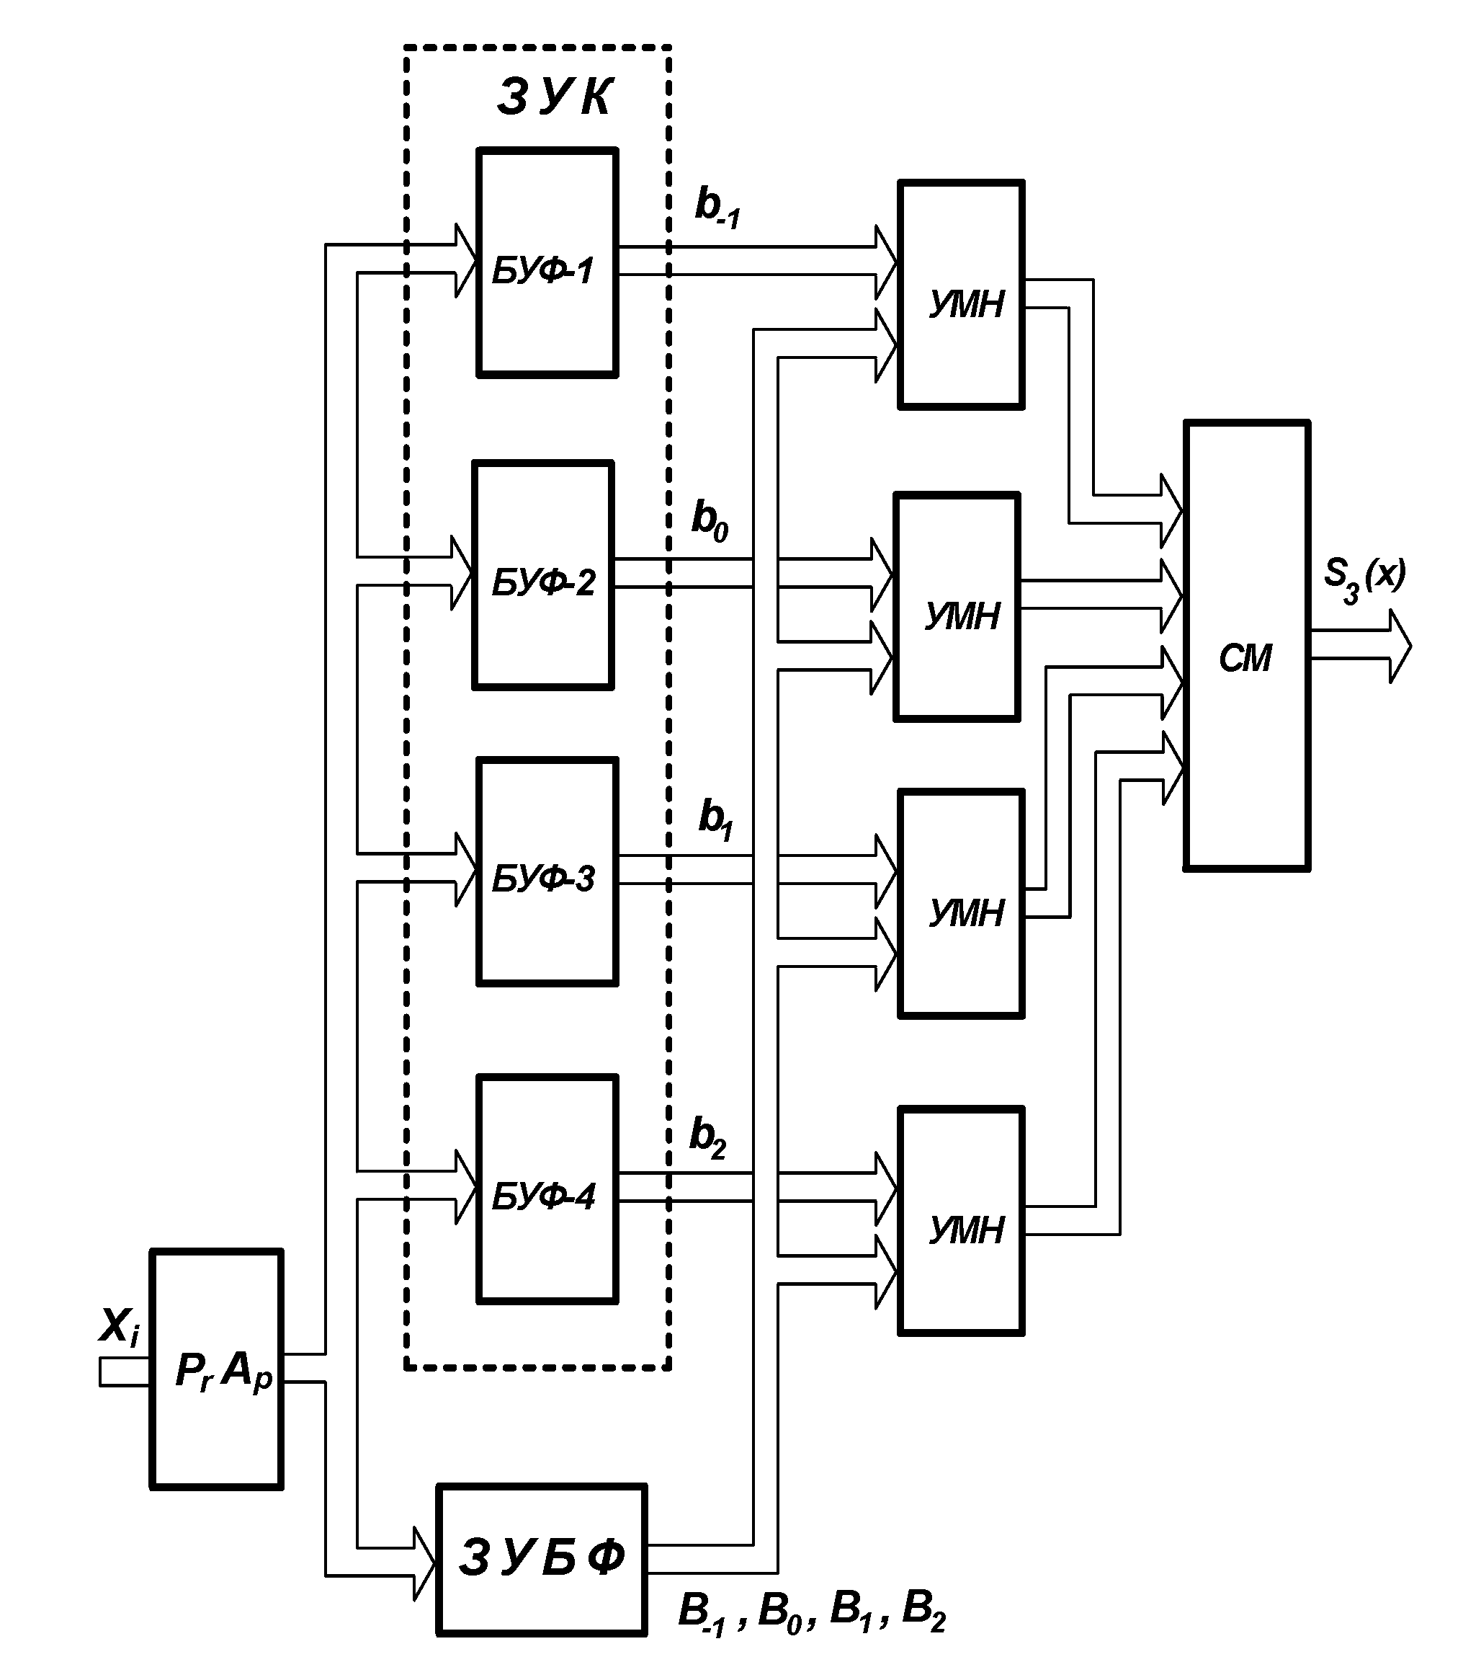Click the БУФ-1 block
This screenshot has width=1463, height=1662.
click(x=547, y=262)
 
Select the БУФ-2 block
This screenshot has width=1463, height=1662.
click(x=543, y=576)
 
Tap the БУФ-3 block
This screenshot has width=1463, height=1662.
click(x=547, y=871)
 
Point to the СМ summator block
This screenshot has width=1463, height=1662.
click(x=1246, y=646)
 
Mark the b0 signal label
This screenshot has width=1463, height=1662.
click(x=710, y=520)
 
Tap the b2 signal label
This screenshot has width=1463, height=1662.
click(x=707, y=1137)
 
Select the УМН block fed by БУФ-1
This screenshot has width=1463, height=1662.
click(x=961, y=294)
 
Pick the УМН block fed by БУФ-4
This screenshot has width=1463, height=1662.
click(x=961, y=1222)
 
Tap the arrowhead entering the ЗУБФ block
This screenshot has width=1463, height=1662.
click(x=425, y=1563)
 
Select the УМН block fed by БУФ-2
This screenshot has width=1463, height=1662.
click(x=957, y=607)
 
